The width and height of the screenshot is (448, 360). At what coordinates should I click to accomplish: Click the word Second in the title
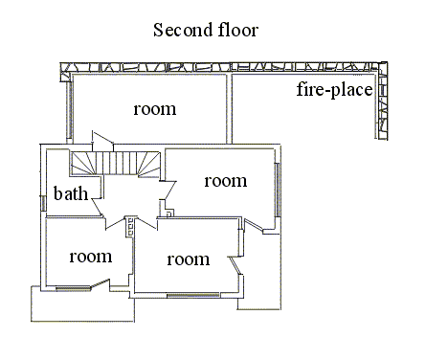tap(182, 30)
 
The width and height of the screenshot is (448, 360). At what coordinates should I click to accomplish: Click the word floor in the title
tap(238, 30)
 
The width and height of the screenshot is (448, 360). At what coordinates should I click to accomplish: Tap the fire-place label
tap(334, 90)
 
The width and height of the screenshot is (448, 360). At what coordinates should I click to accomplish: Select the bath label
tap(71, 193)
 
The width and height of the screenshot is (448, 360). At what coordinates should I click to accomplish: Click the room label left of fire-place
tap(155, 109)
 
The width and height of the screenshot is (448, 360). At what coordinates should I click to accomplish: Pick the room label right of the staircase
tap(226, 181)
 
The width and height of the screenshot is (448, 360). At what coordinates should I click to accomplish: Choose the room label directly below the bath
tap(91, 257)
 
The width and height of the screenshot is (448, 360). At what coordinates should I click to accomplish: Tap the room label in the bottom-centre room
tap(189, 259)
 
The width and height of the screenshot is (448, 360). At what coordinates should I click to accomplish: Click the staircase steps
tap(116, 163)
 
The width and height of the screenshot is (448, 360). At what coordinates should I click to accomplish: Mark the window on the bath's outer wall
tap(42, 203)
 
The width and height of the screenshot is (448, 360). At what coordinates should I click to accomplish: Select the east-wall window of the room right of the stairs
tap(278, 190)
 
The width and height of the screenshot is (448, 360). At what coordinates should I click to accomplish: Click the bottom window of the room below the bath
tap(73, 289)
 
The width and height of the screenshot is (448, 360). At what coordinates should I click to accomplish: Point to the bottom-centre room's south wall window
tap(193, 295)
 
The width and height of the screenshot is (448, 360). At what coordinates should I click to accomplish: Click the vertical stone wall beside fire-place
tap(382, 101)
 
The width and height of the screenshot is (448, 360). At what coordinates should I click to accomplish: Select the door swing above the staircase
tap(102, 141)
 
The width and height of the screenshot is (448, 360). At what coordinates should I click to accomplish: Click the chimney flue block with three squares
tap(129, 227)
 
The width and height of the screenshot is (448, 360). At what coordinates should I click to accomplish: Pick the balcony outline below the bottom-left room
tap(82, 304)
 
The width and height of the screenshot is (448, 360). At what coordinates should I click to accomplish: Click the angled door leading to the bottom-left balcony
tap(101, 284)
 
